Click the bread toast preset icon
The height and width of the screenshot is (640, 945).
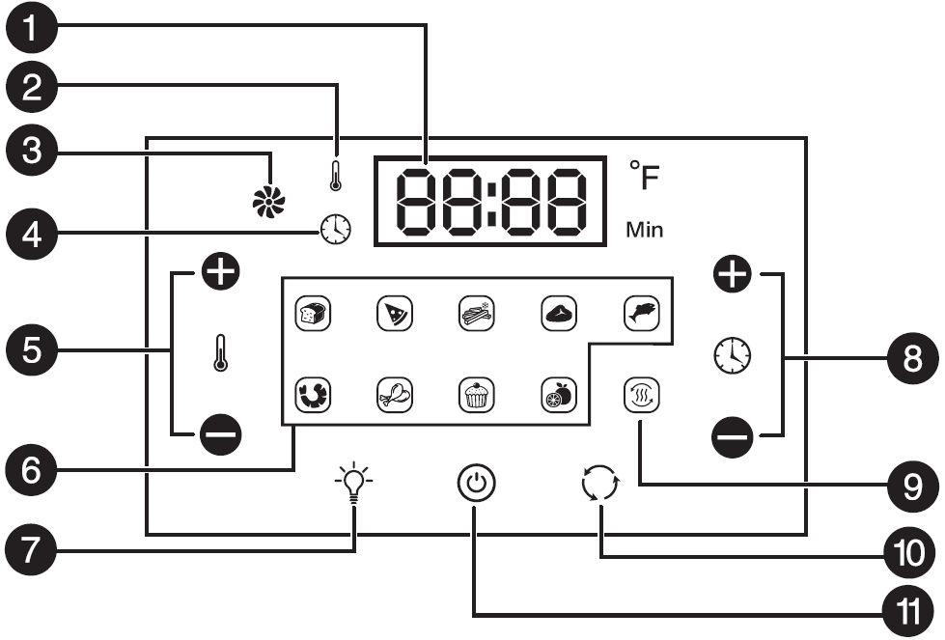(309, 314)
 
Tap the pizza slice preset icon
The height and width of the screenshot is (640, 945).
(391, 314)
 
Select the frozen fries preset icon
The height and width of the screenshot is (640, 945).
(474, 314)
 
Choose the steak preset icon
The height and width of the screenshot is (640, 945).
(557, 314)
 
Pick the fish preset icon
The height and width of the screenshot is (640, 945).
(639, 314)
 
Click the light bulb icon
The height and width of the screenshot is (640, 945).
(354, 482)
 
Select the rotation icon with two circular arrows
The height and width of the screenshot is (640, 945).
(598, 482)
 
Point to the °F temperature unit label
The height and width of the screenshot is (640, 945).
(645, 178)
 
